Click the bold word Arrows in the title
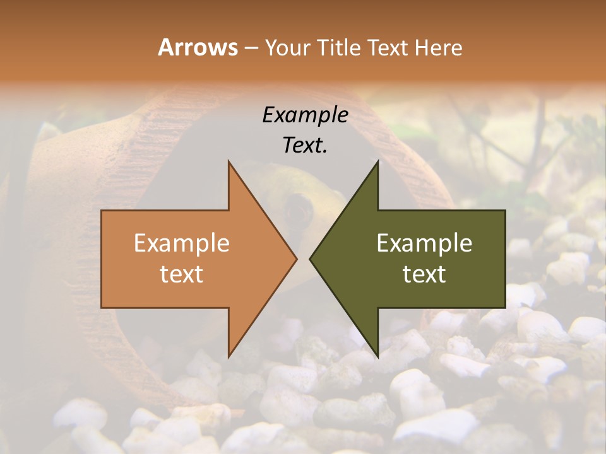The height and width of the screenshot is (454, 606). pyautogui.click(x=198, y=47)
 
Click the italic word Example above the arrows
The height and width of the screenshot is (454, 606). pyautogui.click(x=305, y=115)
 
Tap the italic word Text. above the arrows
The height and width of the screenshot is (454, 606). pyautogui.click(x=305, y=145)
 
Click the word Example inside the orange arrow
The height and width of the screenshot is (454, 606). pyautogui.click(x=181, y=243)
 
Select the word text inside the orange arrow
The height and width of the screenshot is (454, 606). pyautogui.click(x=181, y=274)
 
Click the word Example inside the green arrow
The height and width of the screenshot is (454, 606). pyautogui.click(x=424, y=243)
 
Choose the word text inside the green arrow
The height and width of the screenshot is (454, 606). pyautogui.click(x=424, y=274)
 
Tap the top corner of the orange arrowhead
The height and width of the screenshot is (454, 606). pyautogui.click(x=229, y=163)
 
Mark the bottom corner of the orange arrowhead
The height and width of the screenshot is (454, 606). pyautogui.click(x=229, y=356)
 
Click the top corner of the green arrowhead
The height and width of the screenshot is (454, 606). pyautogui.click(x=377, y=163)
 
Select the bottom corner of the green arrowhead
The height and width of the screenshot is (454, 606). pyautogui.click(x=377, y=356)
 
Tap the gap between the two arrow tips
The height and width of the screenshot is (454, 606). pyautogui.click(x=303, y=259)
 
